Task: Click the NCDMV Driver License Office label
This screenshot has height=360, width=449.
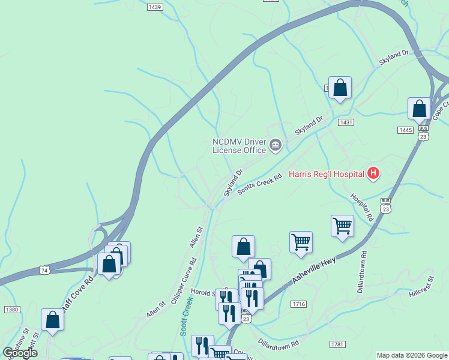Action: (x=239, y=146)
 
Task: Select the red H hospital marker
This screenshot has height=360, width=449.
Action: (x=373, y=174)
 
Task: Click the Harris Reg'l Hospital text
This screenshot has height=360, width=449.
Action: (x=327, y=175)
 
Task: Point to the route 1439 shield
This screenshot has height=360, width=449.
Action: (x=155, y=7)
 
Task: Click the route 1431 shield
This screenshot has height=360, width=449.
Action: (x=346, y=122)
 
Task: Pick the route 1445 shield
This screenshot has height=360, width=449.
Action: (x=405, y=130)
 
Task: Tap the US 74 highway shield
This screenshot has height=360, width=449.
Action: (x=44, y=271)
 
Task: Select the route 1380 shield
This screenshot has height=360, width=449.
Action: (x=11, y=309)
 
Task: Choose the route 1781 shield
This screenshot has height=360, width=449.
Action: (x=338, y=344)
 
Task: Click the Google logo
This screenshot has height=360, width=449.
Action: (x=20, y=353)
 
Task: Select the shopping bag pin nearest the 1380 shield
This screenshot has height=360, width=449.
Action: (x=53, y=320)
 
